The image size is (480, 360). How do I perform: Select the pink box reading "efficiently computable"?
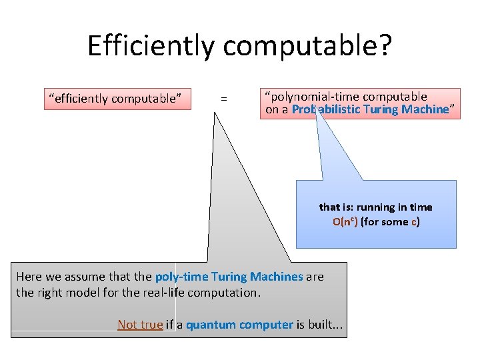tap(117, 99)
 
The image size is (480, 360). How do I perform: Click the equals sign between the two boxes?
tap(224, 99)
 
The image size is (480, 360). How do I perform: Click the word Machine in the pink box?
tap(425, 109)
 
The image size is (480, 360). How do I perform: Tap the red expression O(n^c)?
tap(345, 222)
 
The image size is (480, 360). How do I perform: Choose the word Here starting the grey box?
tap(29, 276)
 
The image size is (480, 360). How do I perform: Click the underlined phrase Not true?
tap(140, 325)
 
